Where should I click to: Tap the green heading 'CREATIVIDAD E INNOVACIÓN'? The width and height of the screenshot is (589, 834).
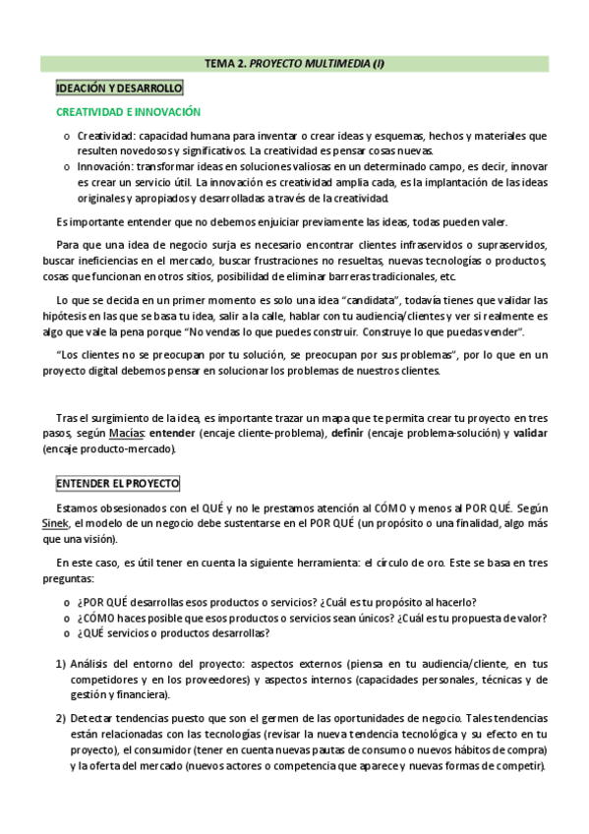pyautogui.click(x=128, y=112)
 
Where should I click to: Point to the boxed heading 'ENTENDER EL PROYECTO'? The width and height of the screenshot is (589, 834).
pyautogui.click(x=117, y=484)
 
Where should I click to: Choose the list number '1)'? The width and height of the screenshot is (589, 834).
pyautogui.click(x=61, y=664)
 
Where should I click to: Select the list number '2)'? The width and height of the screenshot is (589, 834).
pyautogui.click(x=61, y=718)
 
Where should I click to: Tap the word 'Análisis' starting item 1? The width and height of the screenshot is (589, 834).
pyautogui.click(x=93, y=664)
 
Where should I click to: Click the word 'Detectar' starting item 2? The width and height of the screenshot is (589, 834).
pyautogui.click(x=94, y=718)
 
